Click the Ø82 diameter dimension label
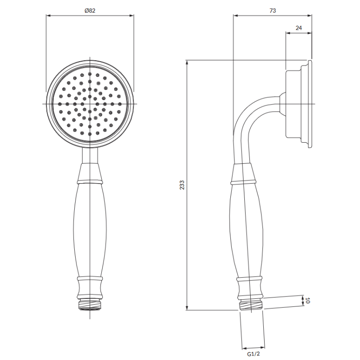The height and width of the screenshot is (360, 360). [90, 10]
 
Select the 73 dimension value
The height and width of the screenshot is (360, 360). [273, 10]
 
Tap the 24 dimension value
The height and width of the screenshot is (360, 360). [298, 28]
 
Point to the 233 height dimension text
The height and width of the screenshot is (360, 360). [182, 185]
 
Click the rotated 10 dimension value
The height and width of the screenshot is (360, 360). [308, 300]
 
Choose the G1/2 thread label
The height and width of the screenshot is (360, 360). [253, 354]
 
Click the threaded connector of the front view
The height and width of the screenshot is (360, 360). [90, 305]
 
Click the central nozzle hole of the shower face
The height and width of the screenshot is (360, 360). [90, 104]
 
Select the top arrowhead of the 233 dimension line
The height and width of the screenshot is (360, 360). [187, 63]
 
